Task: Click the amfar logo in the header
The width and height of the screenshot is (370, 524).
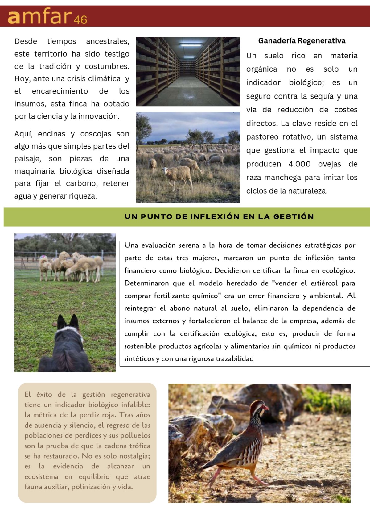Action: coord(39,17)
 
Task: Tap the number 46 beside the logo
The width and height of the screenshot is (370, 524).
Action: coord(80,20)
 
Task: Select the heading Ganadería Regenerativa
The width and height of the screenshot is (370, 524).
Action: coord(302,41)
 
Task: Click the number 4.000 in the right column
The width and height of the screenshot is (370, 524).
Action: coord(299,164)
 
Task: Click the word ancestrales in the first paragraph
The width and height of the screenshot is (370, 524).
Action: coord(108,41)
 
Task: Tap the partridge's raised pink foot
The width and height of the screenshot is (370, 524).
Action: coord(213,482)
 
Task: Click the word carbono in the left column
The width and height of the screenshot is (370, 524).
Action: coord(81,183)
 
